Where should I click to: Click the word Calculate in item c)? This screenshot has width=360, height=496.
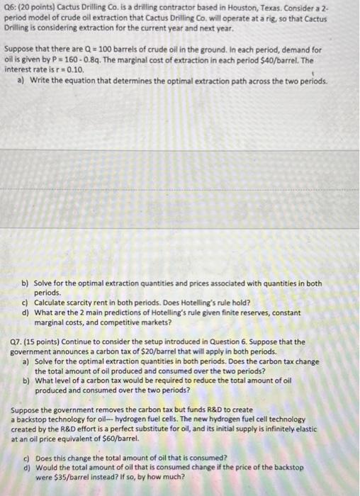[51, 301]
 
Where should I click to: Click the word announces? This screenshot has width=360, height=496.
[84, 351]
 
